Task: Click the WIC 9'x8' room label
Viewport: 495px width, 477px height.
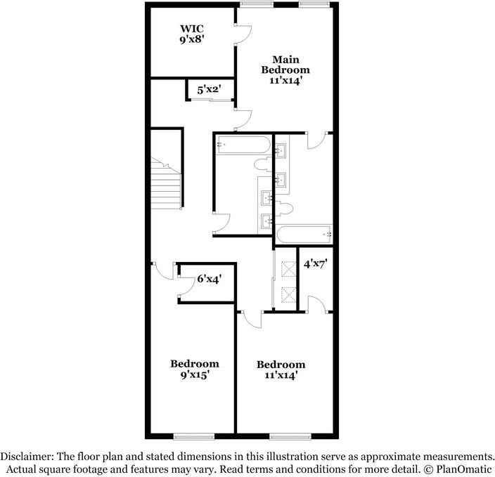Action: (191, 34)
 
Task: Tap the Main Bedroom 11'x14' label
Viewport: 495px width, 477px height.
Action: (285, 70)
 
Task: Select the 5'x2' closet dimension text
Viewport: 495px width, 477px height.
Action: (210, 90)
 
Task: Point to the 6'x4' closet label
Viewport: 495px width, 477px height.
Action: (210, 279)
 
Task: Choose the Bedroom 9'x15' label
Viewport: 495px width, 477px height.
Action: (194, 369)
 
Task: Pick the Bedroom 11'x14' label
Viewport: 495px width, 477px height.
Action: (281, 370)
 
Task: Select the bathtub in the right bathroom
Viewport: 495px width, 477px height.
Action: (303, 234)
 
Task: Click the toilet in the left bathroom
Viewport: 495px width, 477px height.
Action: (262, 165)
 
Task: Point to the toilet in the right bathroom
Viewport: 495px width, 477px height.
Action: (284, 208)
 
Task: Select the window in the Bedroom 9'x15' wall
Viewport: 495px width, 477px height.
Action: (194, 436)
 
